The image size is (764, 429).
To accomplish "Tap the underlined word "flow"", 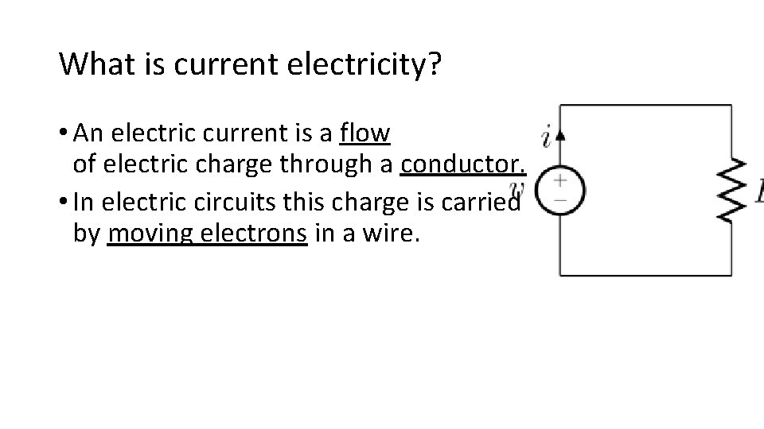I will pos(364,133).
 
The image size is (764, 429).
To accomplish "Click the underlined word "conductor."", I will pos(464,166).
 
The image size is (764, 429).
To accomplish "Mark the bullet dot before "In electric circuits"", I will pos(64,203).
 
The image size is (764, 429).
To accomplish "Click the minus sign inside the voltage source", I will pos(560,200).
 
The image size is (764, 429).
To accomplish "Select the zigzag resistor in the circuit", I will pos(731,191).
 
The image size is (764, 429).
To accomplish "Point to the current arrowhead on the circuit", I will pos(560,136).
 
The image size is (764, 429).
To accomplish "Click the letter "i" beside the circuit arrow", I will pos(546,137).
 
